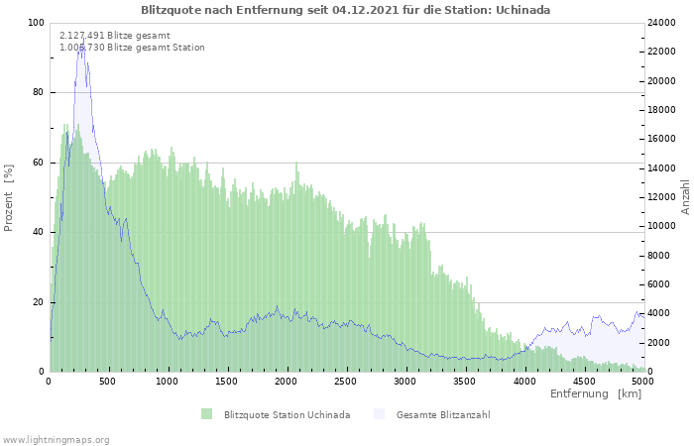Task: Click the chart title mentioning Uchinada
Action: (x=346, y=10)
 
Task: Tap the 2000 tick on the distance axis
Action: (x=286, y=382)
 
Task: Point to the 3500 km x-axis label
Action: (x=464, y=382)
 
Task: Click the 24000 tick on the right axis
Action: (x=661, y=23)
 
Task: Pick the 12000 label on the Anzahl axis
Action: (x=661, y=197)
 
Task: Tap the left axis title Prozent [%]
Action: (x=8, y=198)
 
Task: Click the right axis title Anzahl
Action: (x=686, y=197)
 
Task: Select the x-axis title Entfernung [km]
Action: (x=596, y=393)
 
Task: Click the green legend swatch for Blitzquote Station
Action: (x=206, y=414)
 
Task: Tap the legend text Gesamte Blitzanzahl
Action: (x=443, y=415)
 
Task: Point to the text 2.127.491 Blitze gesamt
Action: (x=115, y=36)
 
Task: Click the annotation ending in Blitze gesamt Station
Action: (x=132, y=48)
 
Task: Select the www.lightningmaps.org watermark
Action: (x=55, y=440)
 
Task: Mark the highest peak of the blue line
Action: (x=83, y=38)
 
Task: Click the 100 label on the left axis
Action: (x=37, y=23)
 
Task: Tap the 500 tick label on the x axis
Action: (x=107, y=382)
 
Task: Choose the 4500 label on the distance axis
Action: (x=583, y=382)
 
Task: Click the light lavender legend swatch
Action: (x=380, y=414)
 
